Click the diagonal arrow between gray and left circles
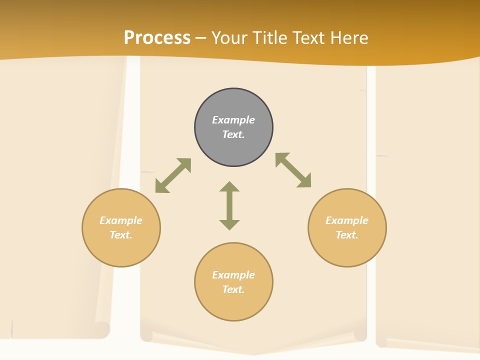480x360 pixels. (173, 175)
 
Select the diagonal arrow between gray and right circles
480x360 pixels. (293, 170)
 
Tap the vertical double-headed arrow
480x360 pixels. (229, 205)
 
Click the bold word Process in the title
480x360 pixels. (157, 38)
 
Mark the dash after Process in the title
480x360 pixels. (200, 38)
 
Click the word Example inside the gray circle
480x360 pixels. (233, 120)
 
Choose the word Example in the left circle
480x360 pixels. (121, 220)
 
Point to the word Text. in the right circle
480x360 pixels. (347, 235)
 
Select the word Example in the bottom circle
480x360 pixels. (233, 275)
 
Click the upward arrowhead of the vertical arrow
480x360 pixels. (229, 187)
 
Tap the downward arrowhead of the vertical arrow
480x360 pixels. (229, 224)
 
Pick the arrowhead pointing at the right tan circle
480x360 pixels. (304, 181)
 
